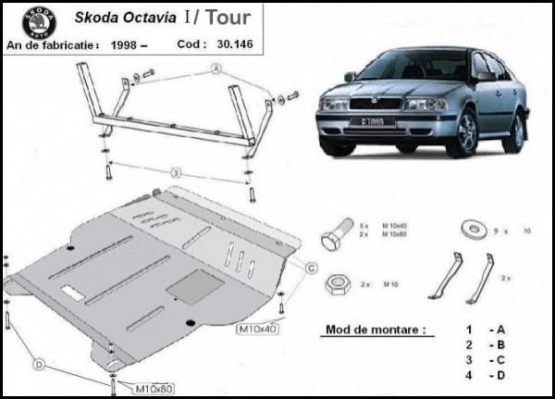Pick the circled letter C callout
312,268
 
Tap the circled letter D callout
39,367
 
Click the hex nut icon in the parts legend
339,281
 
